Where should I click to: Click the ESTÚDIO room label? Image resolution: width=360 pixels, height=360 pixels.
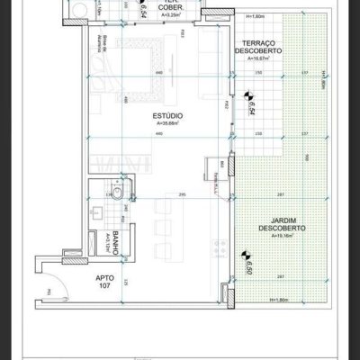click(169, 117)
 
